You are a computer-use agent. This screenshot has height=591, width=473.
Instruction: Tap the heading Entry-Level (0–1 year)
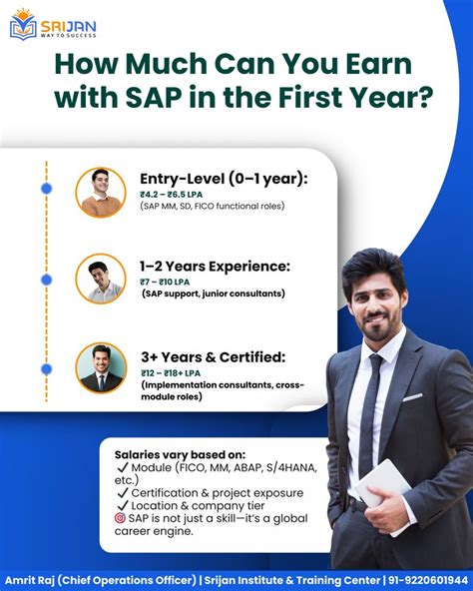224,178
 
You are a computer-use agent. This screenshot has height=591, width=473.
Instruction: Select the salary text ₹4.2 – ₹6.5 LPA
175,194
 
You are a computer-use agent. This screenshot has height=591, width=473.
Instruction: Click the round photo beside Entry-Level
101,193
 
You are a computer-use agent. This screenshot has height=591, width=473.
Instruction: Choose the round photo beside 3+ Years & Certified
101,367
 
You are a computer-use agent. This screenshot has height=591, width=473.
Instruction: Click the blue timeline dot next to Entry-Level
46,188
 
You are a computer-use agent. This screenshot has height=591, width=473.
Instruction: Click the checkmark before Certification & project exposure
122,493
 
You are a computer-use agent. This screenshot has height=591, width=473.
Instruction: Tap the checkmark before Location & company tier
122,507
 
